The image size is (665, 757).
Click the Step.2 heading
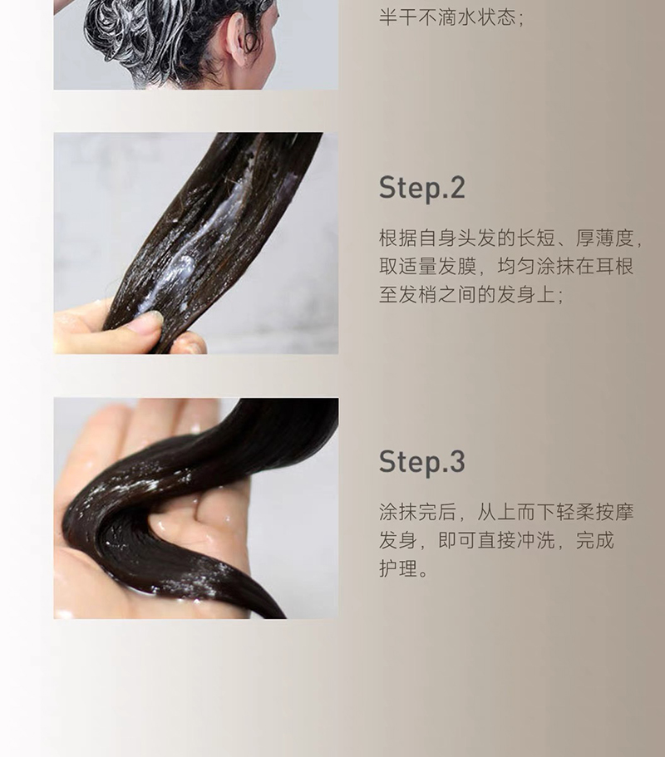[421, 189]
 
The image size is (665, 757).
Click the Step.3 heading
[422, 461]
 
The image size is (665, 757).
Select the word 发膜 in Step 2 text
[457, 266]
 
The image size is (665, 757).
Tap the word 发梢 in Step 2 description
[418, 294]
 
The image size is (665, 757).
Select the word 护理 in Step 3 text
[398, 568]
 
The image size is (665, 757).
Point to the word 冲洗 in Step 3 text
[535, 540]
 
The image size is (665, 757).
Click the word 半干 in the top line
[398, 17]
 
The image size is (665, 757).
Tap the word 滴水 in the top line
[457, 17]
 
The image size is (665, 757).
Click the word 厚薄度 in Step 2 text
[604, 238]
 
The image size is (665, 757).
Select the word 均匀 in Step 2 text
[516, 266]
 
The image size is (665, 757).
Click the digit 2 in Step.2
[457, 188]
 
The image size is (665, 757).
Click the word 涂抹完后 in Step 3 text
[418, 512]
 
